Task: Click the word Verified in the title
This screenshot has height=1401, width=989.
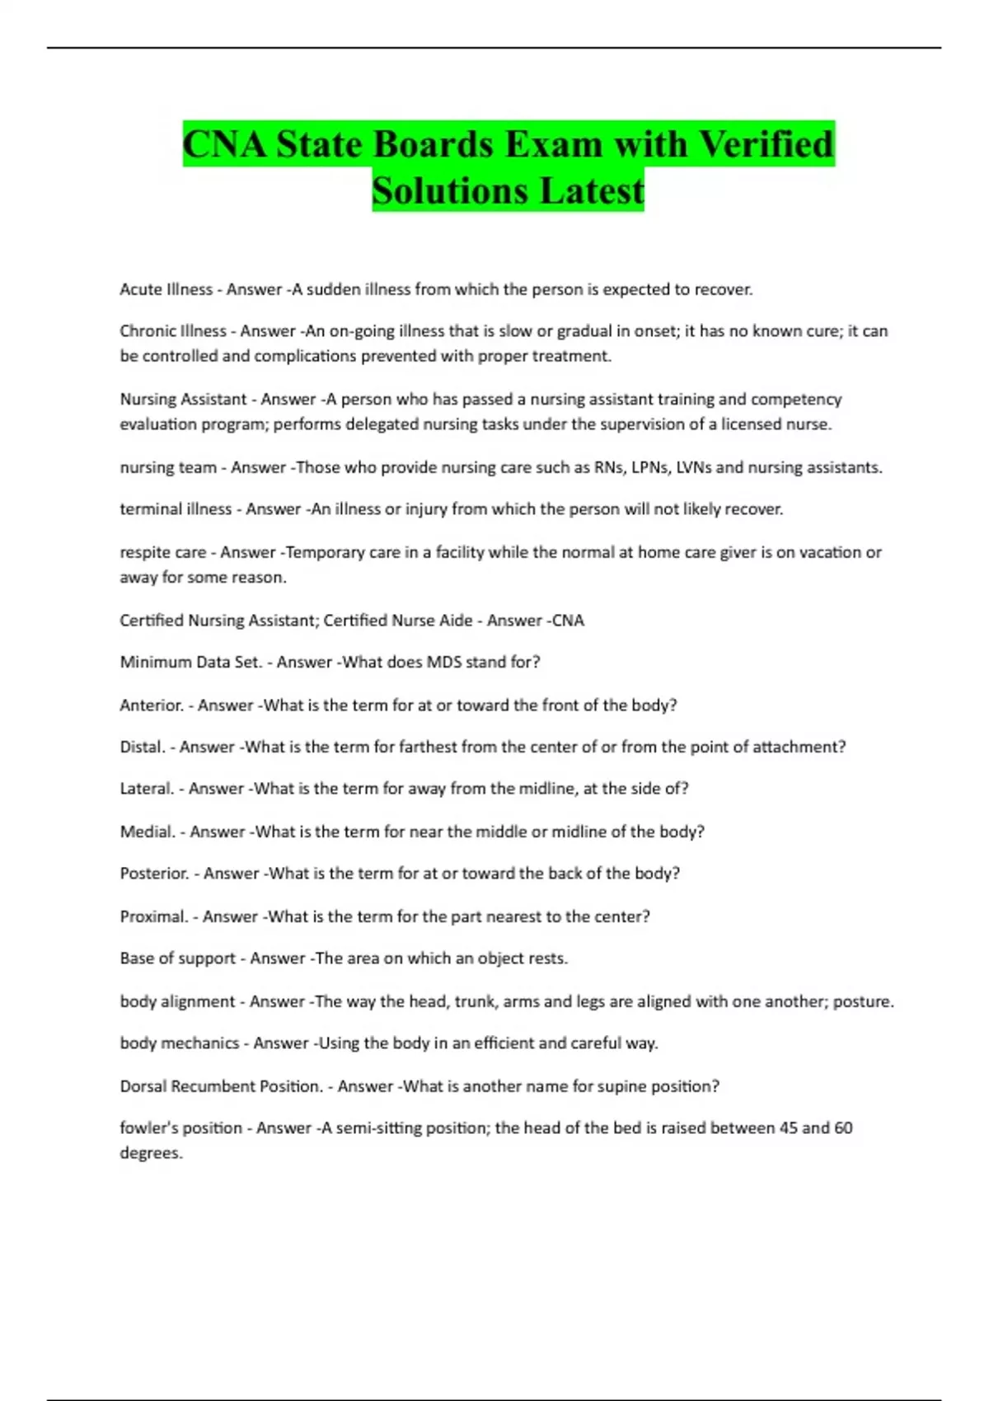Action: click(766, 144)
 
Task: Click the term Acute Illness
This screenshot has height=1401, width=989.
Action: click(166, 289)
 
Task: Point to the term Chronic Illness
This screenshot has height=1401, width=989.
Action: click(172, 331)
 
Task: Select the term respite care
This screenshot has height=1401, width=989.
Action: click(162, 552)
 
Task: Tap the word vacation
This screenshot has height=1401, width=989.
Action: click(825, 552)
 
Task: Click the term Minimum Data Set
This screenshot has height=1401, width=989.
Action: click(190, 662)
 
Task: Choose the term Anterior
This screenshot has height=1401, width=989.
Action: click(152, 705)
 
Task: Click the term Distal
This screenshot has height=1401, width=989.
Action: click(143, 747)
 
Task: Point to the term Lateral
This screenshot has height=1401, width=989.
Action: click(147, 789)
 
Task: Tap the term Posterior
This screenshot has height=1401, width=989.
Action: click(154, 874)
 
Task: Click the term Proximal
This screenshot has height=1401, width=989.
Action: click(154, 916)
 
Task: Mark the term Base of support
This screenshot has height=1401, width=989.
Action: click(177, 958)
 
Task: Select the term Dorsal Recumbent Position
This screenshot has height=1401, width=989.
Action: click(221, 1086)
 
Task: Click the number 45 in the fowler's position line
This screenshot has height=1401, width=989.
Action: click(788, 1127)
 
